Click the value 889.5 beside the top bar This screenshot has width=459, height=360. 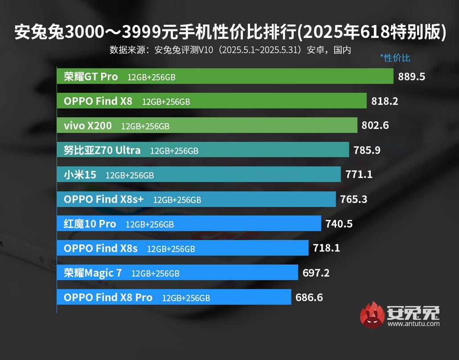coord(411,77)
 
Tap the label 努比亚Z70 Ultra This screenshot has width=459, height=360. coord(102,150)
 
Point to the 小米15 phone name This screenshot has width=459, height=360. coord(80,175)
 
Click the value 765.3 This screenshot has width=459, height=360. coord(353,199)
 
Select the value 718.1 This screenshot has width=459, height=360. coord(326,248)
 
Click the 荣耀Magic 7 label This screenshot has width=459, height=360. coord(93,273)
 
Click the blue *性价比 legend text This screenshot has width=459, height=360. coord(395,58)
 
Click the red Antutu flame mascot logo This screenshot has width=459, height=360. coord(372,315)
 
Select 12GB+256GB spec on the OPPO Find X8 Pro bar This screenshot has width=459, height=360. coord(186,298)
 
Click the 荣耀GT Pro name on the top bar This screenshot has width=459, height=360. coord(91,77)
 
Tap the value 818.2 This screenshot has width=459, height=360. coord(385,101)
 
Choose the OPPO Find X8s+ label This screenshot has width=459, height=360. coord(104,199)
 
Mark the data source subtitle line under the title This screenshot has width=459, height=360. coord(230,50)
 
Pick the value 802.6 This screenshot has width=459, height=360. coord(375,126)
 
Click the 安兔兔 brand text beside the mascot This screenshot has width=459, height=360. coord(413,312)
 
